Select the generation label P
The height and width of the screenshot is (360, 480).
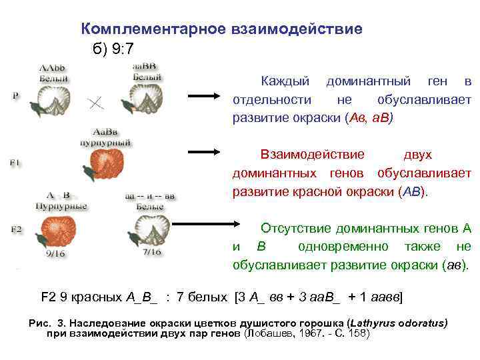click(x=15, y=95)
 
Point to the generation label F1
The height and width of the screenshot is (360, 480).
click(x=15, y=162)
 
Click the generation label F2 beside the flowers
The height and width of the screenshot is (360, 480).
click(x=16, y=229)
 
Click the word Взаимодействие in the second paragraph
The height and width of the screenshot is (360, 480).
click(x=312, y=155)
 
